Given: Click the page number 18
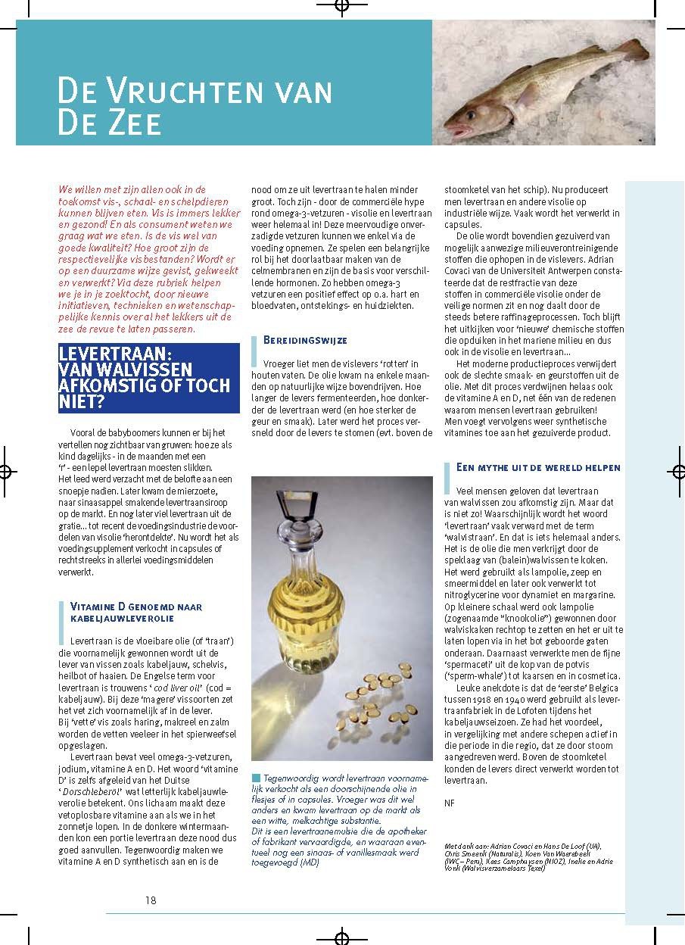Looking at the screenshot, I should (151, 900).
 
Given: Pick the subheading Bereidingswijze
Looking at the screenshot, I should (305, 341).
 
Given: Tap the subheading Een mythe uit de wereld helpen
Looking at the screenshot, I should (538, 468).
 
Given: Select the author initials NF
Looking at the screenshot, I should (450, 803).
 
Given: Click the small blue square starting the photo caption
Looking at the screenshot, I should (256, 778).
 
